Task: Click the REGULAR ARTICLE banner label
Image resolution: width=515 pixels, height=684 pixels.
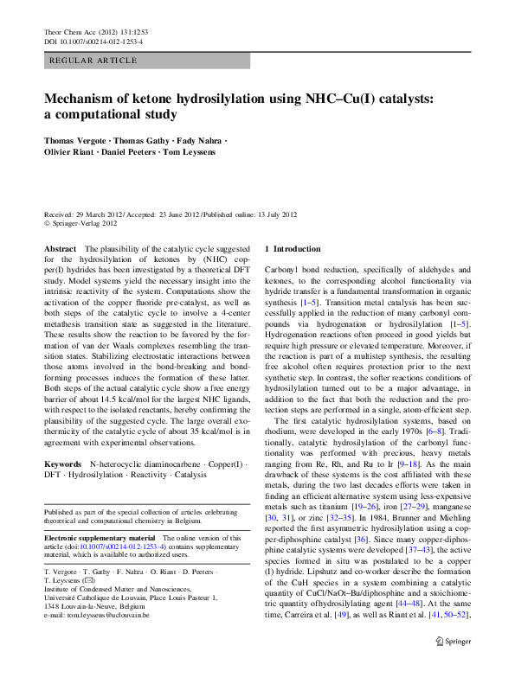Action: (x=94, y=61)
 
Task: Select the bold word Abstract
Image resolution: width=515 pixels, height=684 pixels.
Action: (x=61, y=248)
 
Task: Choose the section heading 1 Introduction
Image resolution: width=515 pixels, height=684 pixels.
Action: (x=292, y=248)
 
